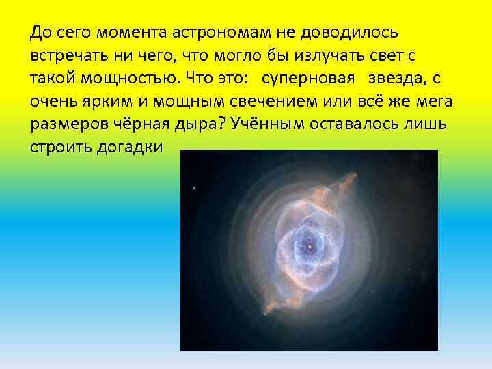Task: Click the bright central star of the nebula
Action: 310,245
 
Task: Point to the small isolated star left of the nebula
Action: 195,187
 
